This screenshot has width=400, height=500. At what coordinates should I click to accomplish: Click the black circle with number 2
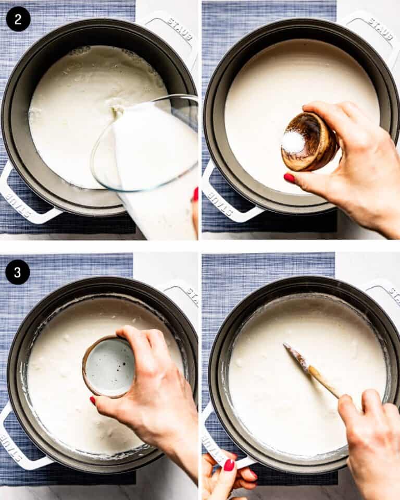click(18, 19)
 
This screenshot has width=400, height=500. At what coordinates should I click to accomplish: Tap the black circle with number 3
click(18, 272)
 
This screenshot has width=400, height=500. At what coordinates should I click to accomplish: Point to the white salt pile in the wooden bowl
click(294, 142)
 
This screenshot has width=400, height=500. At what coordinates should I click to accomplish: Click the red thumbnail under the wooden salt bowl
click(289, 178)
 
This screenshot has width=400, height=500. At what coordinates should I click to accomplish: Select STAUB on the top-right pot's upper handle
click(381, 28)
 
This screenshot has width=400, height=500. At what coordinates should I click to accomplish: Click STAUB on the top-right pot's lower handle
click(219, 200)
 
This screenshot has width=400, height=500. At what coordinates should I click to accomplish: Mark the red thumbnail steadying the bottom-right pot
click(229, 465)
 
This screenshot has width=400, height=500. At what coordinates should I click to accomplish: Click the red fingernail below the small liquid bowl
click(92, 400)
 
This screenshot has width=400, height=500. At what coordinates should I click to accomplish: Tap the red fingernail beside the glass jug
click(195, 194)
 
